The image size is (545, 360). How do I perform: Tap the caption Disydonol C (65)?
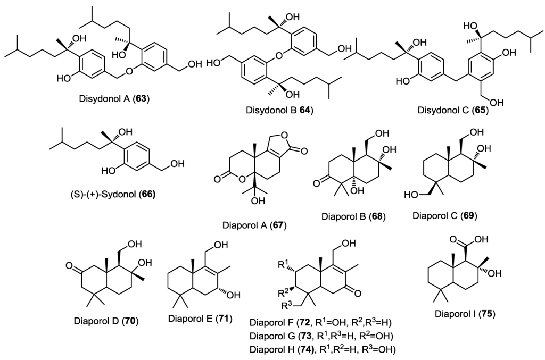[x=453, y=112]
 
